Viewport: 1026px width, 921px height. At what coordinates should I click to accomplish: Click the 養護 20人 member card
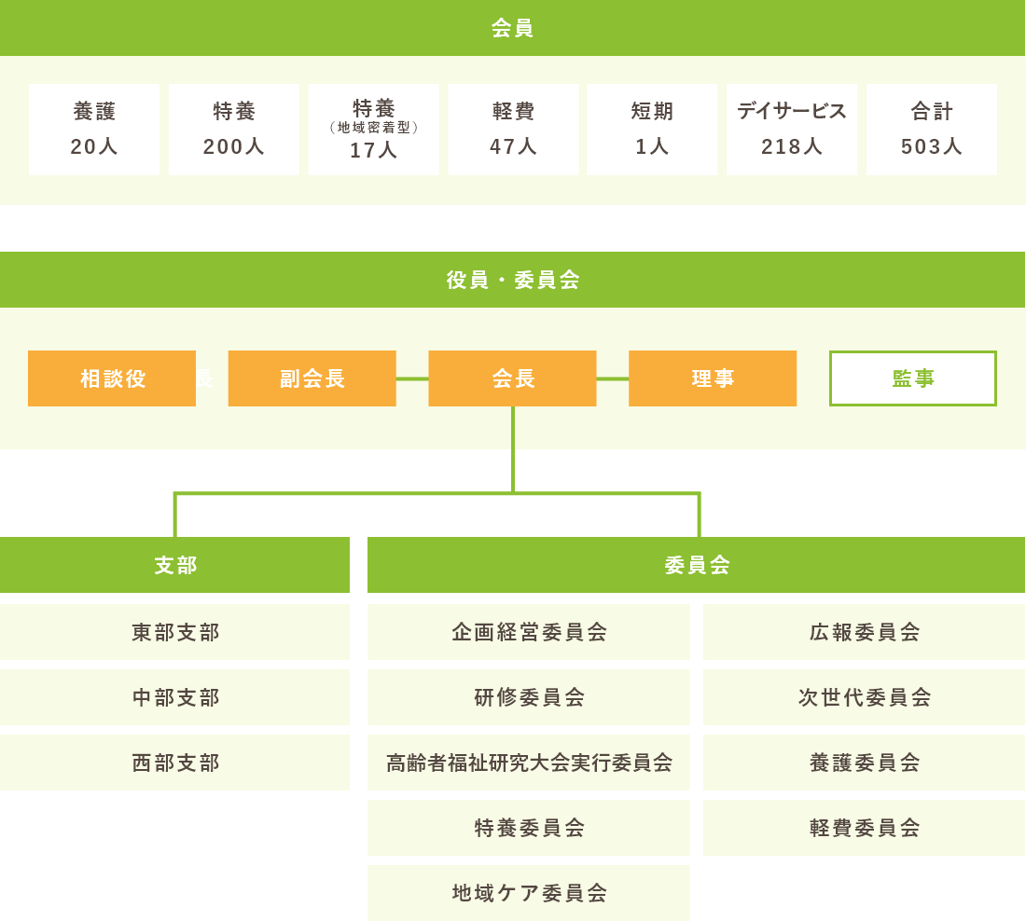tap(94, 130)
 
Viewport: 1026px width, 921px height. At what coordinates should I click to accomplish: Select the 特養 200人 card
tap(234, 130)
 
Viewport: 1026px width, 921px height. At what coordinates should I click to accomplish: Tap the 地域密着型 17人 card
tap(373, 130)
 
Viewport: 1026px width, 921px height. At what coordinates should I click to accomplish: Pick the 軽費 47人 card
tap(513, 130)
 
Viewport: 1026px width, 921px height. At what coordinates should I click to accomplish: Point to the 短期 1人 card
tap(652, 130)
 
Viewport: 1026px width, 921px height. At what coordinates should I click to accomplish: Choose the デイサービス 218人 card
tap(792, 130)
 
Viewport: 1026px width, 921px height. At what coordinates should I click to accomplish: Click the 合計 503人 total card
tap(932, 130)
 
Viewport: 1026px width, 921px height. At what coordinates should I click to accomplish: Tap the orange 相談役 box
tap(112, 378)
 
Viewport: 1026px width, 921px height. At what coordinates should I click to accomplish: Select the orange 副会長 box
tap(312, 378)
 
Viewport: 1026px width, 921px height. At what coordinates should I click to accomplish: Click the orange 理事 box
tap(713, 378)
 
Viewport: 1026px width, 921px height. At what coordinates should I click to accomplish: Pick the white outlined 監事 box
tap(913, 378)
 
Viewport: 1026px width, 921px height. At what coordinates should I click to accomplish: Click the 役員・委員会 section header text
tap(513, 280)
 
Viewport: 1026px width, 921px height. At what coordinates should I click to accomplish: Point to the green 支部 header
tap(175, 565)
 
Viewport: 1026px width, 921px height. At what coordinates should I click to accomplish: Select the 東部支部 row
tap(175, 632)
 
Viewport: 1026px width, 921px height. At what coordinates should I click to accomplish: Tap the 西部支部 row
tap(175, 763)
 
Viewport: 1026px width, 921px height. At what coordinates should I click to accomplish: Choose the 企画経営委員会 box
tap(529, 632)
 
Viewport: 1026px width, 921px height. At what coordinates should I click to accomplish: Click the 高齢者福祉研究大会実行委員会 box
tap(529, 763)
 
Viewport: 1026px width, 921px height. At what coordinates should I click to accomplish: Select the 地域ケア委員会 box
tap(529, 893)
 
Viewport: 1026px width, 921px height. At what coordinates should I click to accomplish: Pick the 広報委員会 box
tap(865, 632)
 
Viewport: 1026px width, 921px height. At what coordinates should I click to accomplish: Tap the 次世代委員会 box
tap(865, 697)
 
